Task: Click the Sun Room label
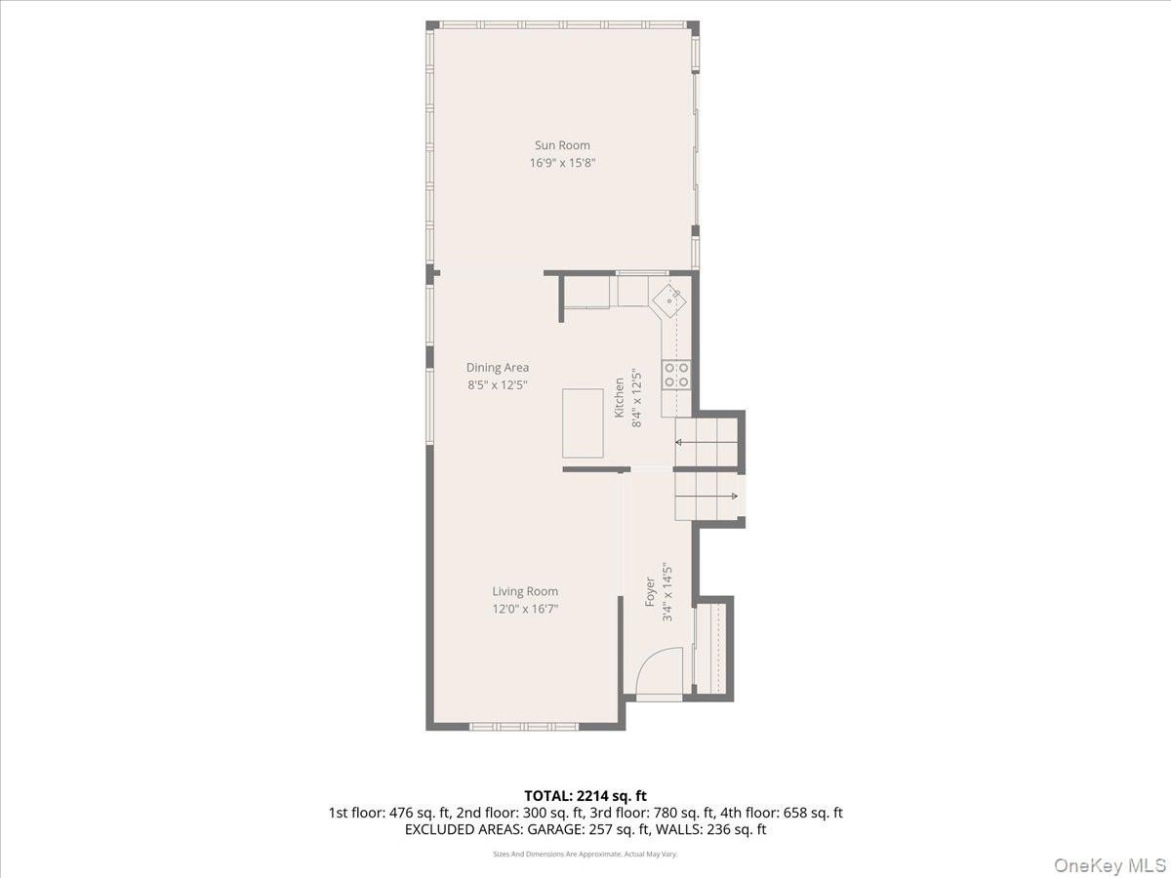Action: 562,145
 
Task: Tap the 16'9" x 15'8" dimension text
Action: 562,163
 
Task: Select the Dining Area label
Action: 498,368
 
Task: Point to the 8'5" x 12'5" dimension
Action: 498,385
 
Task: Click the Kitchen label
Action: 619,398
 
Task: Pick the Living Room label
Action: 525,591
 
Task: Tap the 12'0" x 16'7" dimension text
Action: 525,609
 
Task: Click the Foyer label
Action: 650,592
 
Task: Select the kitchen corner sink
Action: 669,301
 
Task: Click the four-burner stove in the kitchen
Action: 676,375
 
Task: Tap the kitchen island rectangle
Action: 583,423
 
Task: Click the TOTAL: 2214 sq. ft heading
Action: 585,796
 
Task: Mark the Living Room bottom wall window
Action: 524,726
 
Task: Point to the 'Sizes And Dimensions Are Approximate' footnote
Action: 555,854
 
